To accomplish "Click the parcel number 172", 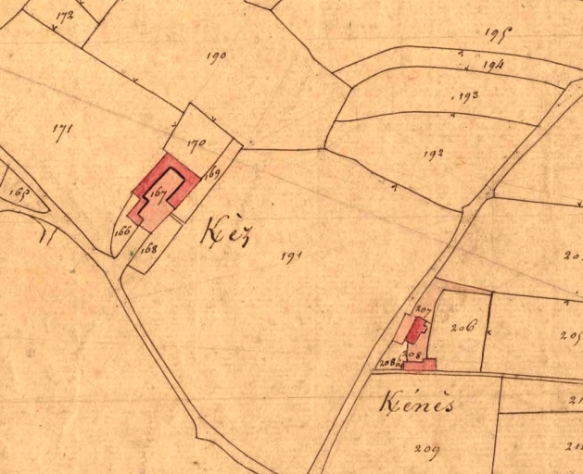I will pyautogui.click(x=64, y=16).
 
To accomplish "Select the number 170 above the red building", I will pyautogui.click(x=195, y=143).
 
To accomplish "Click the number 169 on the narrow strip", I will pyautogui.click(x=213, y=171).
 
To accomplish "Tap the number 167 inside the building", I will pyautogui.click(x=158, y=193).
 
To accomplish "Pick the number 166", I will pyautogui.click(x=121, y=231).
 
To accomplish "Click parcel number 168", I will pyautogui.click(x=150, y=248).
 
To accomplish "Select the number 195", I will pyautogui.click(x=499, y=33).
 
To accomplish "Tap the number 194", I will pyautogui.click(x=492, y=66).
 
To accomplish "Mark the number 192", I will pyautogui.click(x=432, y=153).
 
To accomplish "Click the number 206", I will pyautogui.click(x=463, y=326).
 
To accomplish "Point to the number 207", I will pyautogui.click(x=425, y=309).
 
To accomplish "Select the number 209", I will pyautogui.click(x=426, y=451).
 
